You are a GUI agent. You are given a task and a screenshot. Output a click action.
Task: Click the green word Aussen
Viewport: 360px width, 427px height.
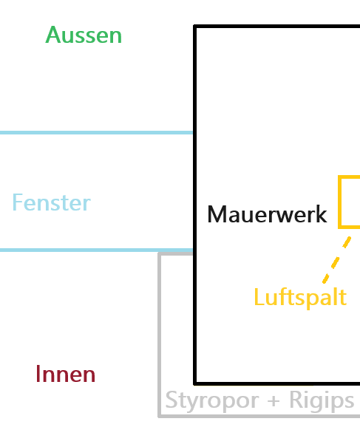(84, 35)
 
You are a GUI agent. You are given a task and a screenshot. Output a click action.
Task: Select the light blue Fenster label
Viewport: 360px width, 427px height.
(51, 202)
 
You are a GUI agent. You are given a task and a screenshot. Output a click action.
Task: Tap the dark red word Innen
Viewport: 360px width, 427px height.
(66, 374)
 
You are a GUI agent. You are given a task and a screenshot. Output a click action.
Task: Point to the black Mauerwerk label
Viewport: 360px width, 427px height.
(267, 214)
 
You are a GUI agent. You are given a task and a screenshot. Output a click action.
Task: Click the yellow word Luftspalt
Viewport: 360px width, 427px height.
(300, 298)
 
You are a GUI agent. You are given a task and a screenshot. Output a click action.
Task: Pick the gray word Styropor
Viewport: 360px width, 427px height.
(212, 401)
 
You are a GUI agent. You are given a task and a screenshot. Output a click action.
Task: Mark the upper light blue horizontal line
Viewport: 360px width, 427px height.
(97, 133)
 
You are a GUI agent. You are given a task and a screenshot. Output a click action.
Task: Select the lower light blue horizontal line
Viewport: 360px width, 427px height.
(97, 250)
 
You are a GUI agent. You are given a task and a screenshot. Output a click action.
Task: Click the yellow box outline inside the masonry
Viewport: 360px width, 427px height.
(339, 202)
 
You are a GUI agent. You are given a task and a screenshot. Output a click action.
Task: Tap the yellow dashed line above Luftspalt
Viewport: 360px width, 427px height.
(337, 260)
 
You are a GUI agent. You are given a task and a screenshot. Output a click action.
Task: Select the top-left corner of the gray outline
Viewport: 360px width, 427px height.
(160, 254)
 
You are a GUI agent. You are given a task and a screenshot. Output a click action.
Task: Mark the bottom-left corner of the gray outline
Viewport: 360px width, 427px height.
(160, 417)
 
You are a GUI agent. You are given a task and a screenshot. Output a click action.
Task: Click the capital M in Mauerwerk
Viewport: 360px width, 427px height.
(217, 214)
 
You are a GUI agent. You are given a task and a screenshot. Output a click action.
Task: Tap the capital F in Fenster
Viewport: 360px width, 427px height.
(18, 202)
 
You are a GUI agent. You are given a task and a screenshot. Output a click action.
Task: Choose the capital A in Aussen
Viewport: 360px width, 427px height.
(54, 35)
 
